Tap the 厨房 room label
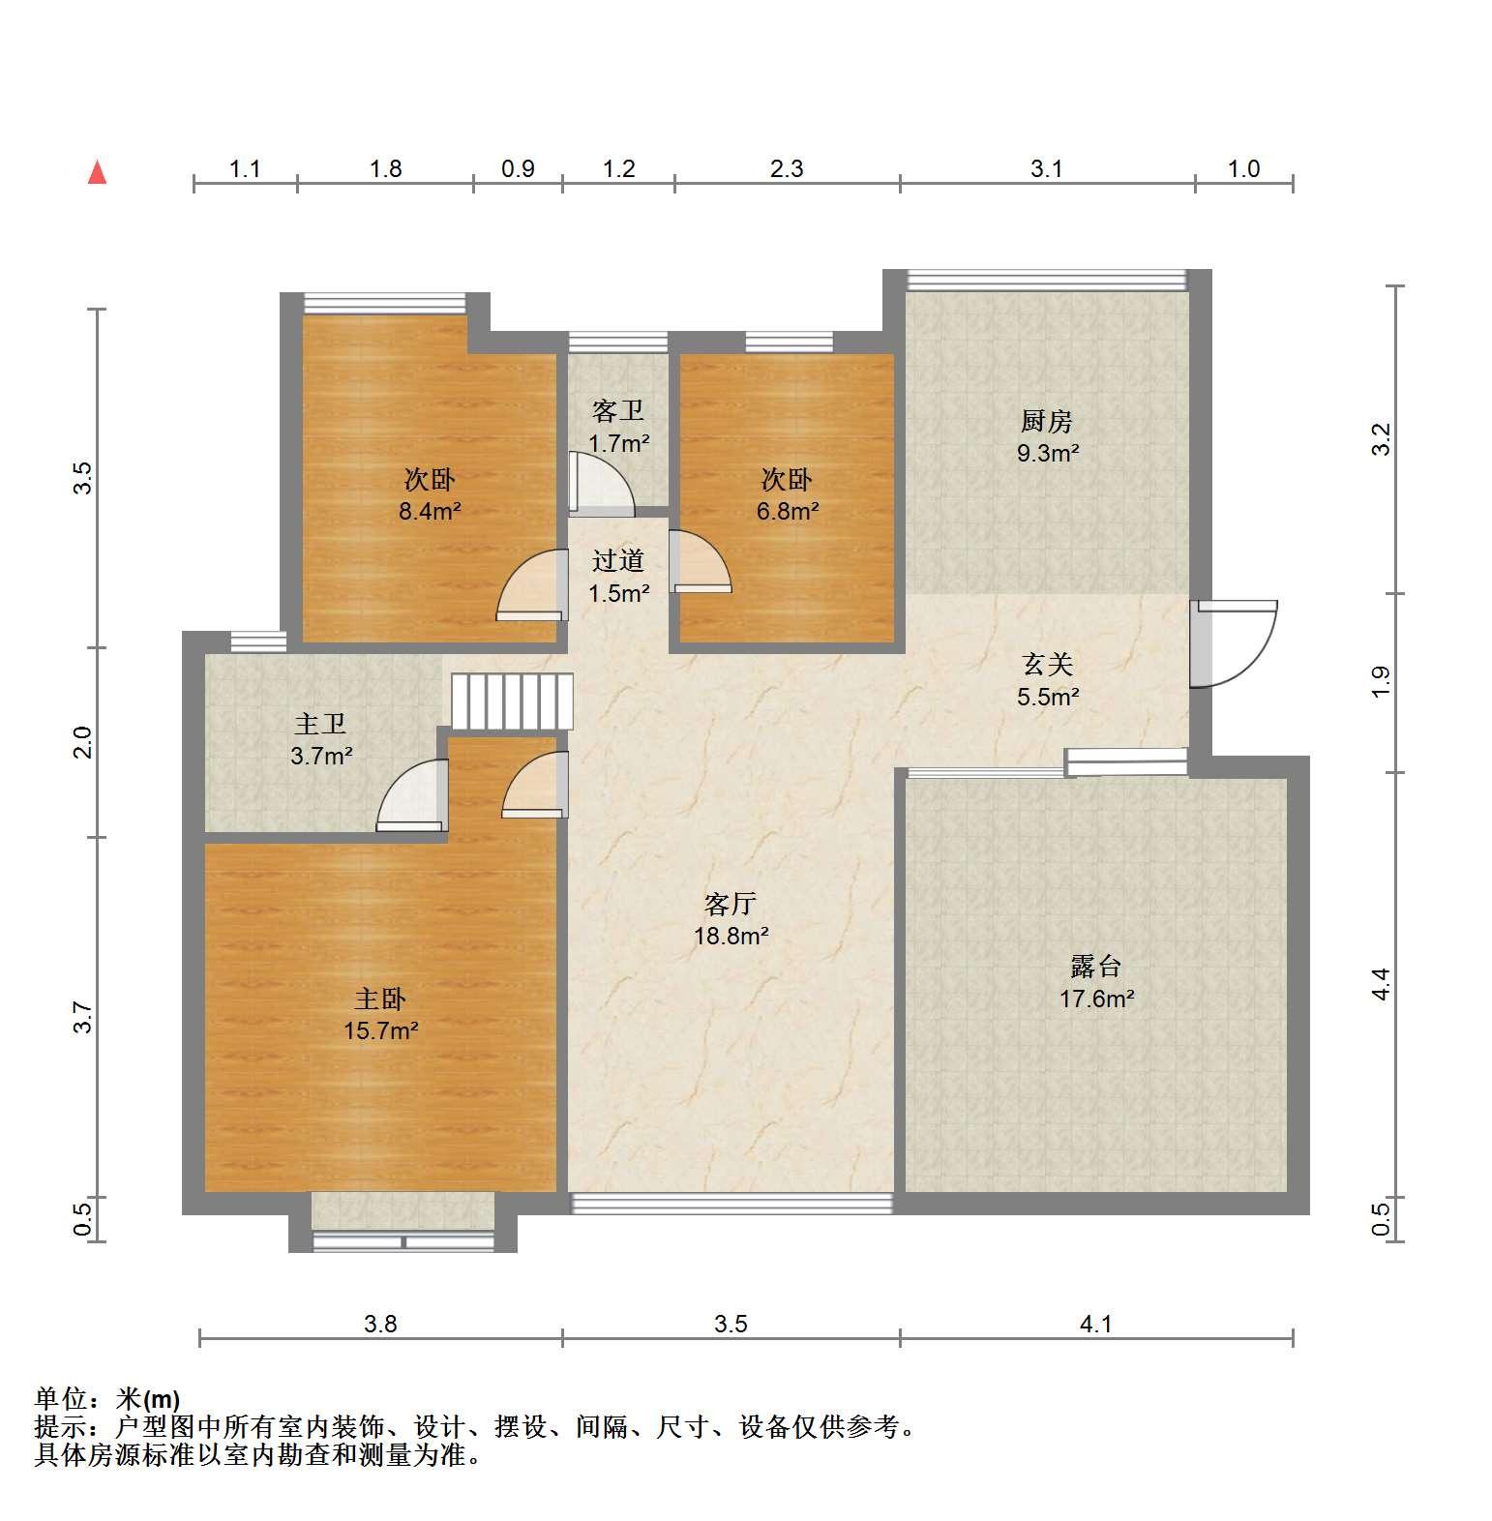coord(1047,422)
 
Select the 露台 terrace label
coord(1095,967)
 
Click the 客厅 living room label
coord(731,905)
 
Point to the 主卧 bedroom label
coord(380,999)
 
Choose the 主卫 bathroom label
coord(320,725)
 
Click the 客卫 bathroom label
coord(618,412)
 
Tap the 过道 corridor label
coord(618,561)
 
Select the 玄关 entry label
coord(1048,665)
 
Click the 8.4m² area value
coord(430,511)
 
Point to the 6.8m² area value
coord(787,511)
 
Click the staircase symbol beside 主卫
coord(512,701)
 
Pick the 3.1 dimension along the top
coord(1046,169)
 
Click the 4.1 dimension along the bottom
coord(1095,1324)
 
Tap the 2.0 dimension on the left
coord(84,742)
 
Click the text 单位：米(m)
coord(106,1399)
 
